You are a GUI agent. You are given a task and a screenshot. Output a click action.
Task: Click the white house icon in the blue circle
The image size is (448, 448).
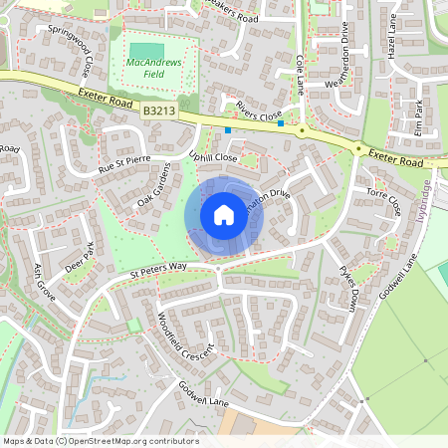click(x=223, y=214)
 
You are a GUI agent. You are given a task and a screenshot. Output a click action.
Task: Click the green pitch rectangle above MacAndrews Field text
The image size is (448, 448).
click(x=146, y=51)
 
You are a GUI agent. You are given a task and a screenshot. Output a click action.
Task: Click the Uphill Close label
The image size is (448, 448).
click(x=212, y=158)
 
